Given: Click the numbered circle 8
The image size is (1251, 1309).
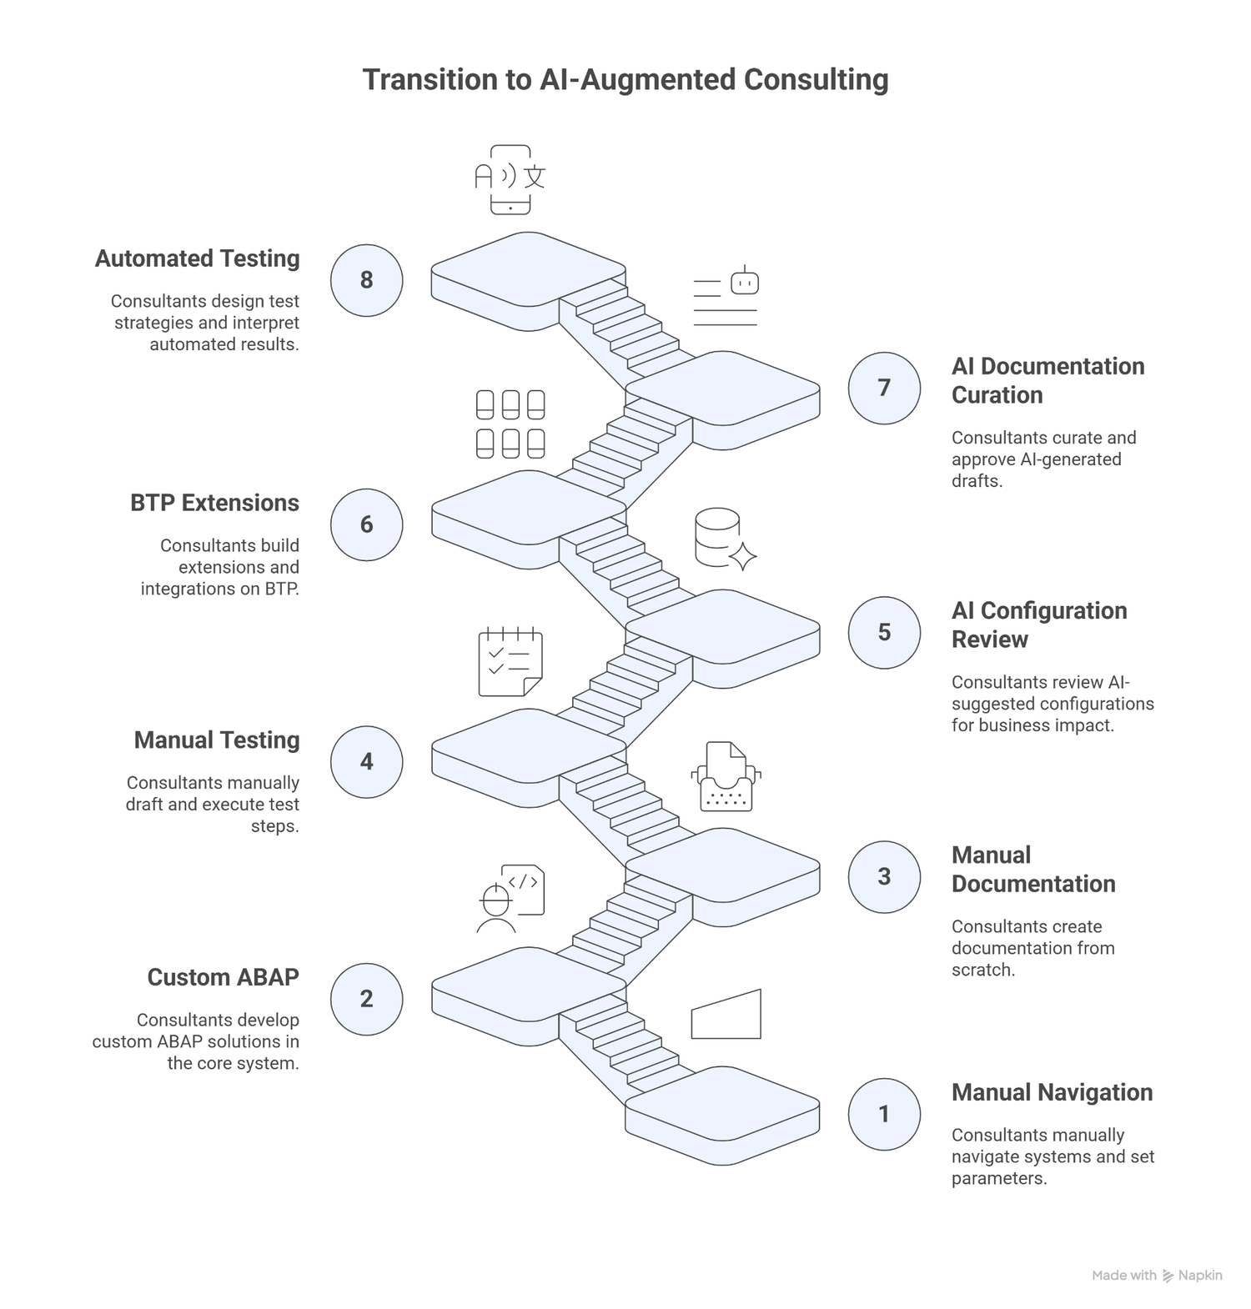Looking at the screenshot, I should tap(366, 280).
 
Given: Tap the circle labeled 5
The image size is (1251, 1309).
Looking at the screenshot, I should tap(884, 632).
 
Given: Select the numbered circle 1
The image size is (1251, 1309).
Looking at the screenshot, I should tap(884, 1114).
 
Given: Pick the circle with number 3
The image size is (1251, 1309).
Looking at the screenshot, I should tap(884, 876).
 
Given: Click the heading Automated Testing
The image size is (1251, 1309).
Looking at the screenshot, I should tap(197, 258).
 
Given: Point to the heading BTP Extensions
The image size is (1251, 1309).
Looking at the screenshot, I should tap(214, 503).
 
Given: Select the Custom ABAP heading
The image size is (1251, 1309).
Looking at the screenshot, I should tap(223, 977).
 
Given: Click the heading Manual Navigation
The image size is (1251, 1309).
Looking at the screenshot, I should tap(1052, 1092).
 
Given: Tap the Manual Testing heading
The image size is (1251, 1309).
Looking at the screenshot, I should tap(217, 740).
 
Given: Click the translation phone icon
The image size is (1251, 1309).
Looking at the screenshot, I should tap(510, 179).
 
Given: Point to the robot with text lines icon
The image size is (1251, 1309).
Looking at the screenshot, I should tap(726, 296).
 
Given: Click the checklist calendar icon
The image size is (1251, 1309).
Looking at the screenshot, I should tap(510, 661).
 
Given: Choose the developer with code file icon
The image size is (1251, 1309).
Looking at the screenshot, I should tap(511, 899).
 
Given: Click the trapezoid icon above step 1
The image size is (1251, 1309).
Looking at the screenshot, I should tap(726, 1015).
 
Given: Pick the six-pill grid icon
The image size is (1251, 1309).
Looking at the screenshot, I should tap(510, 424).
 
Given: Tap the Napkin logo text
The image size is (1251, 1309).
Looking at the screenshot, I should tap(1199, 1276).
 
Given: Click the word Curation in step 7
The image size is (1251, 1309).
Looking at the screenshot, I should tap(997, 395).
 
